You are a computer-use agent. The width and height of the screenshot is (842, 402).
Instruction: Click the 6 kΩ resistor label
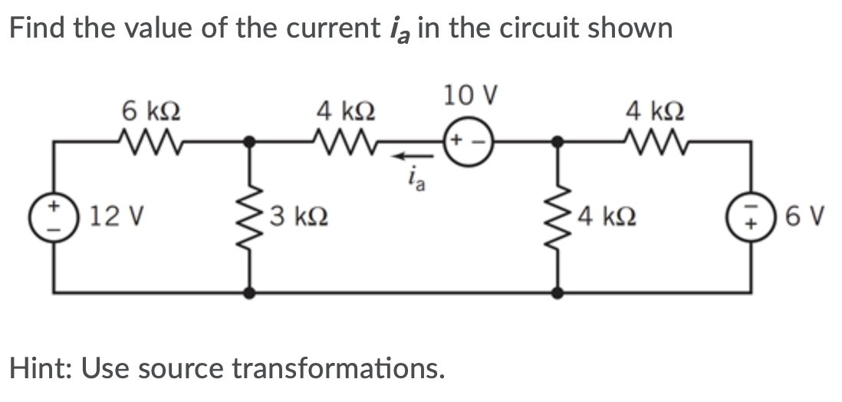152,110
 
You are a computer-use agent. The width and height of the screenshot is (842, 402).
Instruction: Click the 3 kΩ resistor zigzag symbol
249,216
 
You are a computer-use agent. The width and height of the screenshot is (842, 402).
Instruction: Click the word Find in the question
39,29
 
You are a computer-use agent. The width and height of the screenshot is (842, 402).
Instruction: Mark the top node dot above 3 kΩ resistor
249,141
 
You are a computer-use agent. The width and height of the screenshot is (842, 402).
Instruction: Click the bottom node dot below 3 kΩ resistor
249,292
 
